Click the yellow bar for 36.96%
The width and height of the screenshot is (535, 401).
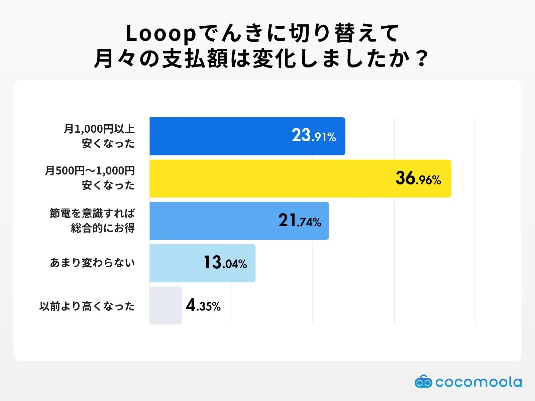click(267, 178)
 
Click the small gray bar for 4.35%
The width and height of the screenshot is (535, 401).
click(166, 305)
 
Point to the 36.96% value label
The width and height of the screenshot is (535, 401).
click(418, 178)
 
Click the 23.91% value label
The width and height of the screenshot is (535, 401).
click(314, 136)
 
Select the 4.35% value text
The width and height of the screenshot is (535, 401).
click(203, 305)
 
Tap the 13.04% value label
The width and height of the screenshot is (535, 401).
click(225, 263)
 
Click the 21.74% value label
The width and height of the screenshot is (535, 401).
click(300, 221)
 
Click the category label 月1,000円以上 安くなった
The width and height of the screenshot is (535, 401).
click(100, 136)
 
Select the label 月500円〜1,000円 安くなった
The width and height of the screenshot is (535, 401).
click(90, 178)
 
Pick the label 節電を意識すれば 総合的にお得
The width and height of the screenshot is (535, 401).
click(93, 221)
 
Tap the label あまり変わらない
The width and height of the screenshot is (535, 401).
click(93, 263)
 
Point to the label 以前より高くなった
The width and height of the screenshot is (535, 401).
click(87, 306)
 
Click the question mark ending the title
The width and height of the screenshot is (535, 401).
click(422, 59)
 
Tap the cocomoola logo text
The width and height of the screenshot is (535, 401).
click(478, 382)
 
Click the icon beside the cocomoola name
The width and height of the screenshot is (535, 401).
click(423, 382)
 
